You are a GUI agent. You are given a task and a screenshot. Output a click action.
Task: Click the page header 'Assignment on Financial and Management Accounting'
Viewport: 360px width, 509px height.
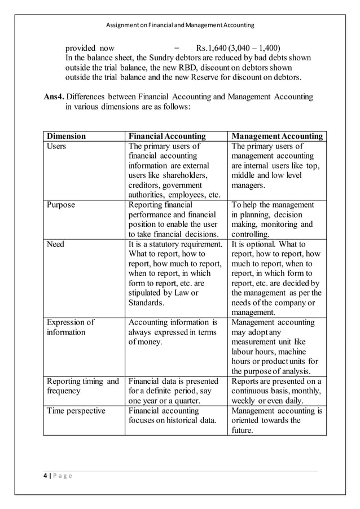[180, 25]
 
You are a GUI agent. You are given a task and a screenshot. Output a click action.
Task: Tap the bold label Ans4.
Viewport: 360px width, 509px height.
[54, 97]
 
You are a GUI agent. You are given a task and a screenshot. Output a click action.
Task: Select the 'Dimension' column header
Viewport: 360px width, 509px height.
[66, 136]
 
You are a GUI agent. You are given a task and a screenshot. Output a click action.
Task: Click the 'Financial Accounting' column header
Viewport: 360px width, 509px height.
[167, 136]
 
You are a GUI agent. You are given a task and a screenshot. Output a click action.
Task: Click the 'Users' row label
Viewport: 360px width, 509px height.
[56, 146]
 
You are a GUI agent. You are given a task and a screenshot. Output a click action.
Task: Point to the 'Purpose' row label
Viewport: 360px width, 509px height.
[61, 205]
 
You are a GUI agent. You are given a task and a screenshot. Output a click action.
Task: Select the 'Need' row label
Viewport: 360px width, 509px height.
[55, 244]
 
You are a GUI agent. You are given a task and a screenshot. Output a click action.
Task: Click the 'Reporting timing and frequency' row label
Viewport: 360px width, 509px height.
[82, 386]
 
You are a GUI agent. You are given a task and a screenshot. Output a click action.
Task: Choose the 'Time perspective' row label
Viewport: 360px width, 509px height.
[76, 410]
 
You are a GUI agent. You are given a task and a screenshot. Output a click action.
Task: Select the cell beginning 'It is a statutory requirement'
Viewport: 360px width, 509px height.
[175, 273]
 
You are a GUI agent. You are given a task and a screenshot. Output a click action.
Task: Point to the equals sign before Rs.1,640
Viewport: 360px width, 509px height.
[177, 47]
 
